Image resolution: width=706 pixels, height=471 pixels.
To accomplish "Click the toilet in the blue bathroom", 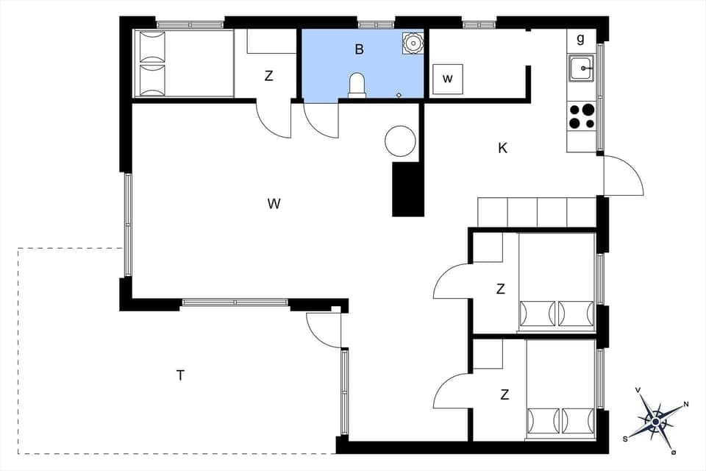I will coord(357,85).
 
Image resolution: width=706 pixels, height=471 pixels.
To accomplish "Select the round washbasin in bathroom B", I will coord(413,43).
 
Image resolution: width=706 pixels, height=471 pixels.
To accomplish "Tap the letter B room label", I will coord(360,50).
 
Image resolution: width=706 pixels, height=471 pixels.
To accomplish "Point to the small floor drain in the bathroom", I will coord(399,95).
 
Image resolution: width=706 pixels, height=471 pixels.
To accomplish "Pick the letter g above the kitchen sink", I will coord(580,38).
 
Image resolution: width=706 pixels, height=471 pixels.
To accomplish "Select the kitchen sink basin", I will coord(581,68).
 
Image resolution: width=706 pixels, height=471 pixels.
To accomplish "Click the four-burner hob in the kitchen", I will coord(582,116).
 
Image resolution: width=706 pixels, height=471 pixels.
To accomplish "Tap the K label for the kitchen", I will coord(502,148).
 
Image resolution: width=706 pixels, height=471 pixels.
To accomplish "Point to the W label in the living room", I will coord(274,204).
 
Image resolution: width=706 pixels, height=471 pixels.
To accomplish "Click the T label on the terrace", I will coord(179,375).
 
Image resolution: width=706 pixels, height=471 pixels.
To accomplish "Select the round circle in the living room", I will coord(401,141).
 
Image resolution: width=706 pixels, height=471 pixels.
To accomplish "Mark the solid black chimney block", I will coord(408,189).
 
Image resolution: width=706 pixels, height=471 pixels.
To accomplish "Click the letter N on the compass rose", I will coord(686,404).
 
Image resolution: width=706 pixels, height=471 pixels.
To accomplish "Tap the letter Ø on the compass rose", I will coord(673,452).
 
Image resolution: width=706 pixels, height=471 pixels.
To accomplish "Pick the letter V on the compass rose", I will coord(638,391).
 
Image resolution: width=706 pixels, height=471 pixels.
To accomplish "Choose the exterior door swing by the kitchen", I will coord(621,177).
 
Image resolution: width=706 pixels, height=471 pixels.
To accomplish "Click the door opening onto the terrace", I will coord(324,329).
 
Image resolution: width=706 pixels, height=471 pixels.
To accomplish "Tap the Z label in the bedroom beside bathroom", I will coord(269,76).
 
